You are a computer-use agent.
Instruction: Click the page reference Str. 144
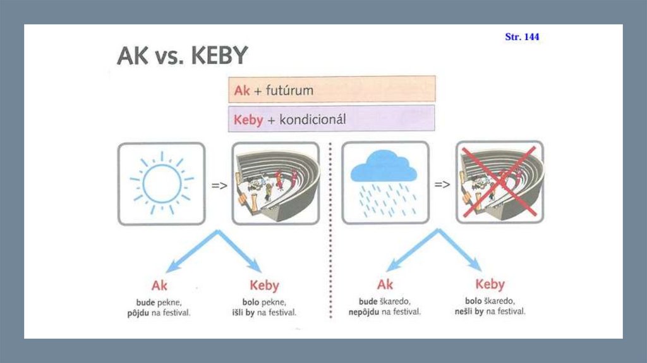[522, 37]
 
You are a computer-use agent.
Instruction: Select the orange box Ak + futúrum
[332, 89]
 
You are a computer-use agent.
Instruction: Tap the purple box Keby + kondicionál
[332, 118]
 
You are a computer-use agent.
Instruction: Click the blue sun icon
[162, 183]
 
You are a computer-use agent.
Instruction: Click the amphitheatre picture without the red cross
[275, 183]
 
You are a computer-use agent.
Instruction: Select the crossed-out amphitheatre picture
[500, 183]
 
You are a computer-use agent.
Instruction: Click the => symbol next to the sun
[219, 185]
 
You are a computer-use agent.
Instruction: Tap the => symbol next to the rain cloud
[442, 185]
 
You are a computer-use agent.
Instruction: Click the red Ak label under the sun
[160, 285]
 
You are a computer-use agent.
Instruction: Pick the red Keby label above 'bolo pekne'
[264, 285]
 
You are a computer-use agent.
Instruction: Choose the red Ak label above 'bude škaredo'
[385, 285]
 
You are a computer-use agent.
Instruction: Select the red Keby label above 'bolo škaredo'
[490, 285]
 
